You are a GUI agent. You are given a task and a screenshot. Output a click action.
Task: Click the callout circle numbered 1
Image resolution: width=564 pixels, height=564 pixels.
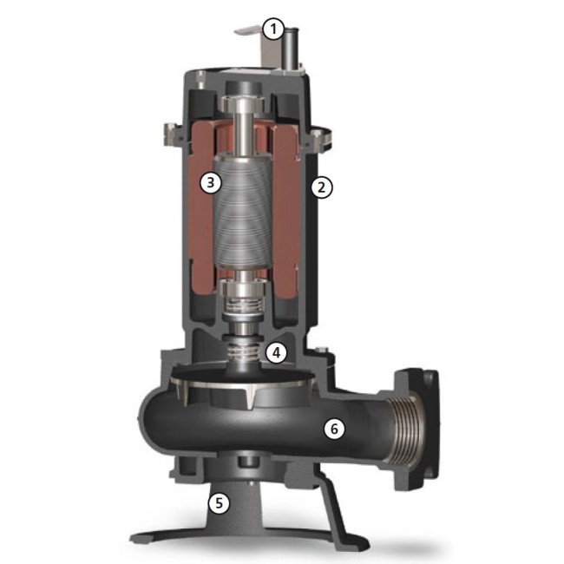[x=273, y=30]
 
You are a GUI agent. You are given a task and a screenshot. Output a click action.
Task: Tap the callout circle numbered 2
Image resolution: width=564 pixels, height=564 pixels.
[x=322, y=187]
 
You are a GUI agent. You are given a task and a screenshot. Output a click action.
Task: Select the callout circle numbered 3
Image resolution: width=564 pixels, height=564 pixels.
[x=211, y=183]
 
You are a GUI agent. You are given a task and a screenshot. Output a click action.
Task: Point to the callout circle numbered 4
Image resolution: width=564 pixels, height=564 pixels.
[x=276, y=353]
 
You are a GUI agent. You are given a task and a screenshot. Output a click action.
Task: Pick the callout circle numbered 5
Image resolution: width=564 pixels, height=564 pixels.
[x=219, y=503]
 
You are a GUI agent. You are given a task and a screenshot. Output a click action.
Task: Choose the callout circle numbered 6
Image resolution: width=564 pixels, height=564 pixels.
[x=334, y=429]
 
